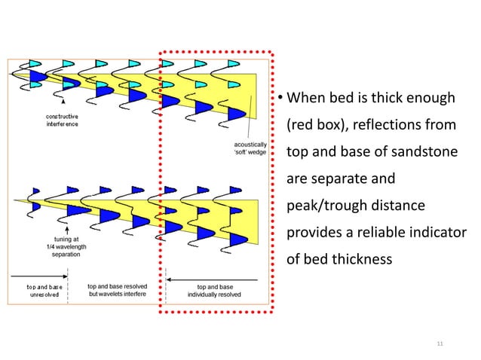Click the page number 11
pyautogui.click(x=441, y=343)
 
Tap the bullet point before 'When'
pyautogui.click(x=278, y=99)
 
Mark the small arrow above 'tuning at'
pyautogui.click(x=67, y=227)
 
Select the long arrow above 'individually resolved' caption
pyautogui.click(x=214, y=279)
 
